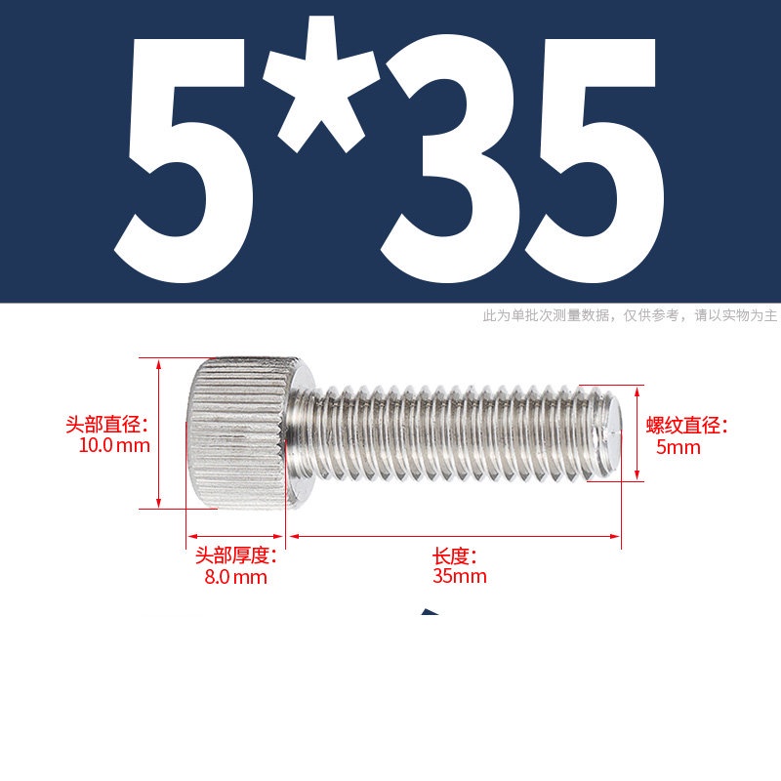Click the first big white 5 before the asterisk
[x=185, y=160]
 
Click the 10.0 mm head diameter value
[x=114, y=445]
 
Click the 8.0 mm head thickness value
[x=235, y=577]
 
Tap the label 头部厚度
[x=235, y=555]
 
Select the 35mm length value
[x=459, y=576]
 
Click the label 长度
[x=454, y=555]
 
